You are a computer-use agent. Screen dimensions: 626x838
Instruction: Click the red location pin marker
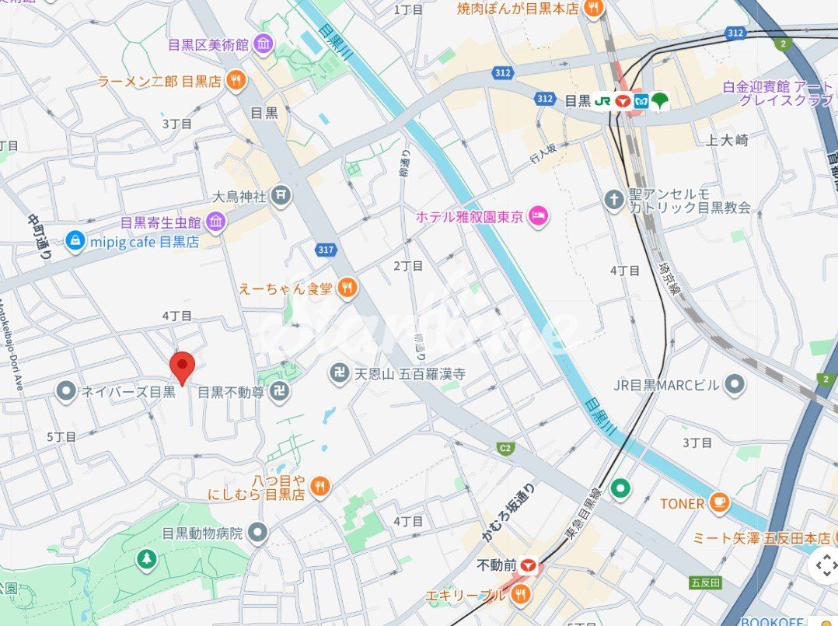(182, 365)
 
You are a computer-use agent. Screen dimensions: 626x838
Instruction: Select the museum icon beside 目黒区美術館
(264, 44)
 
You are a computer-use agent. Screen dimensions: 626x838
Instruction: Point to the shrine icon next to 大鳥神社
(281, 196)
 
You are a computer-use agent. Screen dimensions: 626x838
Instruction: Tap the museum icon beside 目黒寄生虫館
(215, 223)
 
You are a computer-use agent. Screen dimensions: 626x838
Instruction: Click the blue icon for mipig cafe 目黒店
(75, 241)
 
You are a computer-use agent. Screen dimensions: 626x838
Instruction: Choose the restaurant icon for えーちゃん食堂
(347, 288)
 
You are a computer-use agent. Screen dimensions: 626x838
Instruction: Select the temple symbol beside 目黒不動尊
(281, 393)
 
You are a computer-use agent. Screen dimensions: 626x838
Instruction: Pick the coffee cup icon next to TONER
(719, 503)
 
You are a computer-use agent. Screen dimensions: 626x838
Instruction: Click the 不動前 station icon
(531, 565)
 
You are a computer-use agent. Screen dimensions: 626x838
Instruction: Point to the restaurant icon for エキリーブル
(520, 596)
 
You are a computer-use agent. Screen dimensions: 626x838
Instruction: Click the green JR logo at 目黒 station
(602, 100)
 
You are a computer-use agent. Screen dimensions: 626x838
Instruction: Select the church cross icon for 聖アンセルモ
(614, 199)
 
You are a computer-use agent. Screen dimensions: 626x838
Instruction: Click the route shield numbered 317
(326, 250)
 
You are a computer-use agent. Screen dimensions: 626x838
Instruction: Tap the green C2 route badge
(506, 448)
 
